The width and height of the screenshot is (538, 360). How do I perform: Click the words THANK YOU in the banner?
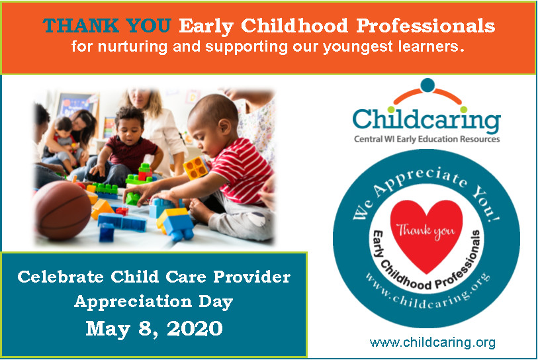point(107,26)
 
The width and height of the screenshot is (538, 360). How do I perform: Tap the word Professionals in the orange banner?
point(426,26)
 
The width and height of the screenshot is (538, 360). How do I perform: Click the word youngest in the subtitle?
point(358,47)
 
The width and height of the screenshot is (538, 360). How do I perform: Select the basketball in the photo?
point(62,210)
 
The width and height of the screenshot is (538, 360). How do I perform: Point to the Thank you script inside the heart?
point(426,231)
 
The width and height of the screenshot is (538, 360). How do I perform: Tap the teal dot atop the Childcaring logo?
point(427,85)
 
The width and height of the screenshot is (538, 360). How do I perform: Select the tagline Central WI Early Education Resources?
point(427,139)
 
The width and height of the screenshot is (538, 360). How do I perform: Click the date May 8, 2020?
point(154,328)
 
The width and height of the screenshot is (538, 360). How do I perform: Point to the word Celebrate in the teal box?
point(60,277)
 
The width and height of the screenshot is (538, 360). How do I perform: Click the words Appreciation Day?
point(154,302)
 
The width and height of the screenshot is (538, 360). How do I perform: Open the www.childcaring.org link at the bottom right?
point(432,343)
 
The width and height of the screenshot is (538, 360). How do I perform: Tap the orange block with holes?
point(196,168)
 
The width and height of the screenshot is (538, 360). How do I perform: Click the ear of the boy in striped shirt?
point(224,127)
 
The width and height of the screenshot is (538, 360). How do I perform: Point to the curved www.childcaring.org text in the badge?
point(427,294)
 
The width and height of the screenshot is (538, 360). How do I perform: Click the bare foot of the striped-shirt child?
point(201,210)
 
